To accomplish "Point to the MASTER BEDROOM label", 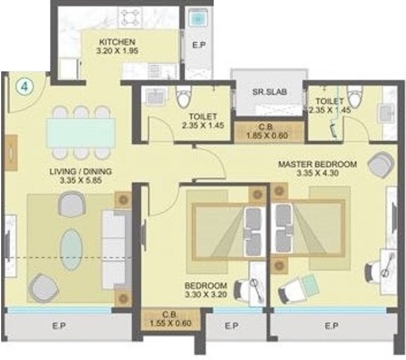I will click(x=317, y=165).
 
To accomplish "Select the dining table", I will click(x=81, y=133).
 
